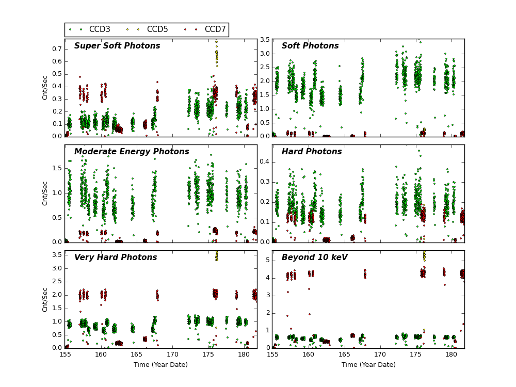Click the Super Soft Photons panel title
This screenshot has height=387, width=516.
click(117, 46)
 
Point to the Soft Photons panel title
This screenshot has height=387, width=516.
click(310, 46)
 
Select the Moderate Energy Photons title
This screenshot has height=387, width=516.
click(132, 152)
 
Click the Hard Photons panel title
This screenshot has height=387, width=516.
click(312, 152)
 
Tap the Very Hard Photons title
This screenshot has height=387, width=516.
click(116, 257)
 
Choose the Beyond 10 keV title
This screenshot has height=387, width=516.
click(315, 257)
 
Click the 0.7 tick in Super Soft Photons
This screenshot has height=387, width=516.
click(57, 49)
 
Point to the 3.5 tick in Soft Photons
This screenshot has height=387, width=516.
click(264, 40)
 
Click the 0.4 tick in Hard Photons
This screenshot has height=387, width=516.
click(264, 162)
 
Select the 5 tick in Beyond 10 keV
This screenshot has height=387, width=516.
click(267, 260)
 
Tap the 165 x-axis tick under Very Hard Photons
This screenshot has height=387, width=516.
click(136, 355)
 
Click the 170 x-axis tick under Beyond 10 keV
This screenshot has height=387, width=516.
click(380, 355)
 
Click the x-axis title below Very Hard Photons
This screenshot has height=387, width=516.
click(160, 365)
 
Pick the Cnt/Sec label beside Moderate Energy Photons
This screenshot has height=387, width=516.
click(45, 193)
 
